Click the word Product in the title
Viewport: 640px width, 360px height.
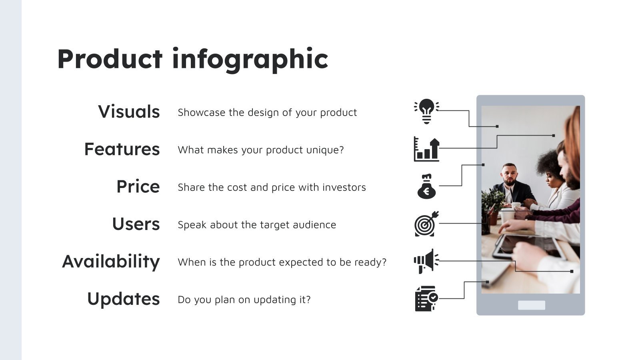(x=110, y=59)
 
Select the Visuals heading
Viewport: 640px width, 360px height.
(x=129, y=112)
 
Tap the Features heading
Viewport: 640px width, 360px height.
(x=122, y=149)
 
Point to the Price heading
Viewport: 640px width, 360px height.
(x=138, y=187)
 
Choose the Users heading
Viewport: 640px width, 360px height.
(x=136, y=224)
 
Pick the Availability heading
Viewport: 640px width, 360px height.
(x=111, y=262)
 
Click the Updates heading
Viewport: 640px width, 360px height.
(x=123, y=299)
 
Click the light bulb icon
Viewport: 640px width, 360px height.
(x=426, y=111)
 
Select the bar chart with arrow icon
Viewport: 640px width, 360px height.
(x=426, y=149)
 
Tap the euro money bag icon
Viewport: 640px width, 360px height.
(x=426, y=186)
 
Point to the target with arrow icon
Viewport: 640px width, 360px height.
(x=426, y=224)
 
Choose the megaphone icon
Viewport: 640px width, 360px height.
(x=426, y=261)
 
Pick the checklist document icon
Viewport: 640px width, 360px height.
(x=426, y=298)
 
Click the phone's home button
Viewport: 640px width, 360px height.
(x=531, y=305)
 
